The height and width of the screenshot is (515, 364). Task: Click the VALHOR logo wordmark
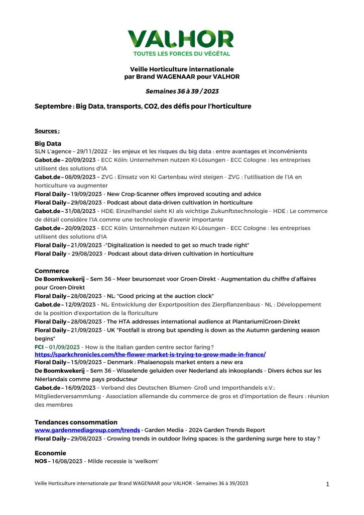pos(181,39)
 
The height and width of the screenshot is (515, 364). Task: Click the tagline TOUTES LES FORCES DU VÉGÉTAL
pos(181,53)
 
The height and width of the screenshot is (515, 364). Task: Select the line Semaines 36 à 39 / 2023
pos(182,92)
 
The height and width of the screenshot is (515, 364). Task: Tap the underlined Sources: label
pos(47,131)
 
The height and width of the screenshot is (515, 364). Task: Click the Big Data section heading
pos(48,143)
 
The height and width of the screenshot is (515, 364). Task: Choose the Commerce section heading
pos(52,271)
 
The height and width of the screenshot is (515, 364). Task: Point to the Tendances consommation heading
pos(76,422)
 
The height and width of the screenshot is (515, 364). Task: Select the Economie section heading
pos(50,453)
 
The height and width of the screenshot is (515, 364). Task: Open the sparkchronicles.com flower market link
pos(150,355)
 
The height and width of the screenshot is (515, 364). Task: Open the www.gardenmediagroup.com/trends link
pos(87,431)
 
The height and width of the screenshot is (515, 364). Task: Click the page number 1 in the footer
pos(327,484)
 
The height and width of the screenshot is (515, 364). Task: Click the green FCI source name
pos(39,347)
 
